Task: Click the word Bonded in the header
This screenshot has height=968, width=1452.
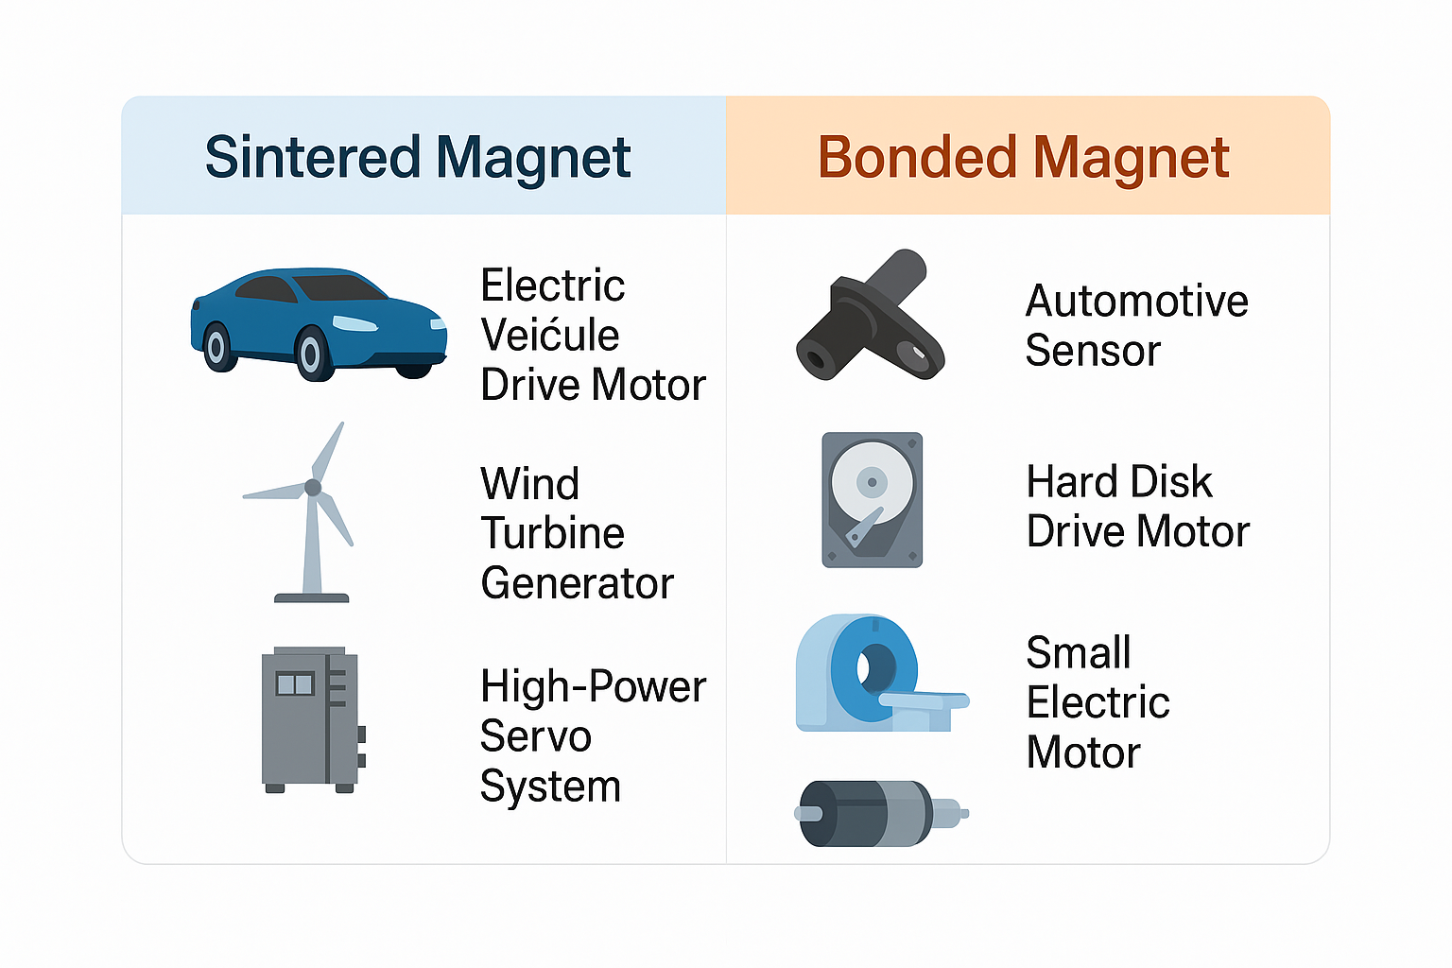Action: tap(916, 157)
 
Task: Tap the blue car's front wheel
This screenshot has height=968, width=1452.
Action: tap(310, 354)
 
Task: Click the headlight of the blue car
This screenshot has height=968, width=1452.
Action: tap(355, 324)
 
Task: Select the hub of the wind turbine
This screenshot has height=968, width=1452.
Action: tap(313, 488)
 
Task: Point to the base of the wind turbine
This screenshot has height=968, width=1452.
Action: tap(312, 597)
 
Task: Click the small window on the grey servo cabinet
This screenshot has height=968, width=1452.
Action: tap(294, 683)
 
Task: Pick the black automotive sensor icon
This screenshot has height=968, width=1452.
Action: tap(871, 316)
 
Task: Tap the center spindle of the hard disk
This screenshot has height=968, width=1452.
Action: tap(872, 482)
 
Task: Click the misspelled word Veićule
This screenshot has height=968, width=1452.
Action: tap(549, 336)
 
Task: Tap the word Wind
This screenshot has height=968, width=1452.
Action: tap(529, 484)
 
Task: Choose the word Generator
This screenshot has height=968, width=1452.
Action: tap(577, 583)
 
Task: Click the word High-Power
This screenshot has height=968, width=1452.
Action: tap(593, 687)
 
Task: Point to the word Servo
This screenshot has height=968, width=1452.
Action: tap(535, 736)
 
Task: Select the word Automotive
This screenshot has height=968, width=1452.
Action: tap(1136, 302)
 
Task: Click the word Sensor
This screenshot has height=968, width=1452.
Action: tap(1093, 351)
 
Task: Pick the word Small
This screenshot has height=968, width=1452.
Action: tap(1079, 653)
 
